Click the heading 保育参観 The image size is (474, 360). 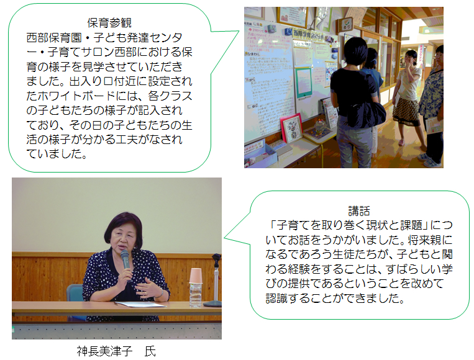(x=109, y=23)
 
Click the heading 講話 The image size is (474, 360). (x=359, y=211)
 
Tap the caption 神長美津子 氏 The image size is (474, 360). (x=116, y=351)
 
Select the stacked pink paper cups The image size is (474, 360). (x=196, y=276)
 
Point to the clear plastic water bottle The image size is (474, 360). (x=195, y=294)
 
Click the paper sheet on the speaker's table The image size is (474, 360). (x=140, y=304)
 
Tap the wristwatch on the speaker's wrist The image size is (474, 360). (x=161, y=293)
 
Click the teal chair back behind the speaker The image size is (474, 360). (x=75, y=292)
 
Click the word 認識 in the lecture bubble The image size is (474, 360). (x=276, y=299)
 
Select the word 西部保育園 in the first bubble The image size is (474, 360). (x=54, y=38)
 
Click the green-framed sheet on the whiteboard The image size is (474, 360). (x=303, y=83)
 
